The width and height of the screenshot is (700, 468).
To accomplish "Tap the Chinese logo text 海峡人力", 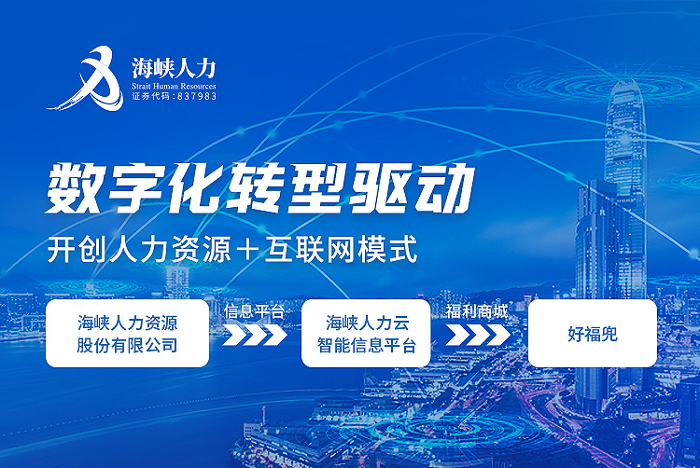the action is pyautogui.click(x=174, y=68).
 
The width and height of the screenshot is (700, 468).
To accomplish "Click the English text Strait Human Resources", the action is pyautogui.click(x=174, y=86).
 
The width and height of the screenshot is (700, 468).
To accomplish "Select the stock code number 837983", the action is pyautogui.click(x=197, y=96).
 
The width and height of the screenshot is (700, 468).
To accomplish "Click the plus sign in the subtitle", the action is pyautogui.click(x=247, y=249).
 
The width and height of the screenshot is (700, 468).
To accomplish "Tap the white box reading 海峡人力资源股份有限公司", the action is pyautogui.click(x=127, y=334).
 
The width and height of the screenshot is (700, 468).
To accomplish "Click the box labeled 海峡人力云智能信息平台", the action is pyautogui.click(x=366, y=334).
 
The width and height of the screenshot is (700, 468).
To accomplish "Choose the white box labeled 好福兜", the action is pyautogui.click(x=593, y=334).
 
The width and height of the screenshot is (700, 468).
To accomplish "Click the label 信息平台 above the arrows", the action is pyautogui.click(x=255, y=311).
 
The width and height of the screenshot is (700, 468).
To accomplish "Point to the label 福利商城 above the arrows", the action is pyautogui.click(x=477, y=311).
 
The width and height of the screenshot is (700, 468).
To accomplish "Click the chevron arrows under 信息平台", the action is pyautogui.click(x=255, y=336).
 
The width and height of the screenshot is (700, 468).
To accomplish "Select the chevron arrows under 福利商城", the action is pyautogui.click(x=477, y=336).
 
